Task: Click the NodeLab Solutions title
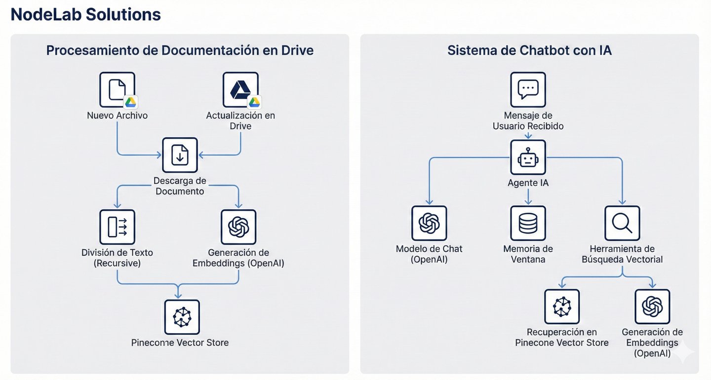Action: tap(86, 15)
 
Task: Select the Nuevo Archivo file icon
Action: tap(117, 90)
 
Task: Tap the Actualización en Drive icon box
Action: tap(240, 90)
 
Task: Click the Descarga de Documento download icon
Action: tap(180, 155)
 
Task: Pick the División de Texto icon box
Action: tap(117, 227)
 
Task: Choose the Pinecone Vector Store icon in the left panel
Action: tap(182, 317)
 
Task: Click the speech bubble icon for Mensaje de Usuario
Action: tap(528, 90)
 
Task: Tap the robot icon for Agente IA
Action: tap(528, 157)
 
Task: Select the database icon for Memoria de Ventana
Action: tap(528, 223)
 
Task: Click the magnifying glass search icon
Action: tap(622, 223)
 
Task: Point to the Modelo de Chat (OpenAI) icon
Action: tap(429, 223)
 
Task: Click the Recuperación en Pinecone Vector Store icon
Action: tap(562, 306)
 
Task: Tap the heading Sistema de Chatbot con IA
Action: tap(529, 50)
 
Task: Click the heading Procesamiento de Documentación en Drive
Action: tap(180, 50)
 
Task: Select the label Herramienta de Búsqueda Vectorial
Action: tap(622, 254)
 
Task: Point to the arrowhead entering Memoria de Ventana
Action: tap(528, 202)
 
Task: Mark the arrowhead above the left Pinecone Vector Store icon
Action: tap(178, 296)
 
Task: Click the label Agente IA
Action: tap(528, 183)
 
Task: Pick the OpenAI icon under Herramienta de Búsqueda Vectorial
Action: tap(652, 306)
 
